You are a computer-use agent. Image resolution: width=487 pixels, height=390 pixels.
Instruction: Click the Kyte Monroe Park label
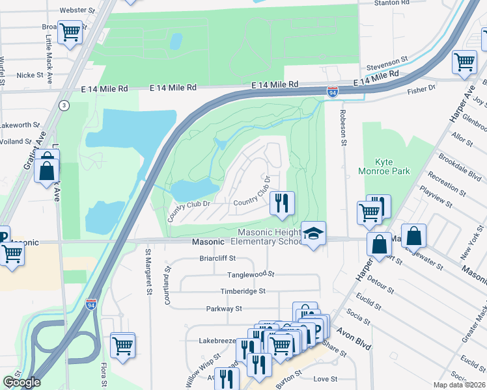(x=384, y=166)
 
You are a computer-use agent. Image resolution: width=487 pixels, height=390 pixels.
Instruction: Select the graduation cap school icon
(x=313, y=234)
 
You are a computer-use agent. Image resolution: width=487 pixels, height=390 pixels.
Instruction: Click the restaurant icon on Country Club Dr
(x=281, y=203)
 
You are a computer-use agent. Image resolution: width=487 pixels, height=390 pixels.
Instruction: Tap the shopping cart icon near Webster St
(x=70, y=32)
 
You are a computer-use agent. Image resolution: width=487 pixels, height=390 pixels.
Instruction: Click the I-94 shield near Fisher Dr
(x=333, y=92)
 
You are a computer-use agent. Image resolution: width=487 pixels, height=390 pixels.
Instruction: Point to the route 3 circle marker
(x=64, y=105)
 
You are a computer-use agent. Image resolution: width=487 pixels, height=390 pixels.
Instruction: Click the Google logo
(x=22, y=382)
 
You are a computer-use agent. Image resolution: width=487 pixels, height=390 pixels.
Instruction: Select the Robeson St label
(x=341, y=127)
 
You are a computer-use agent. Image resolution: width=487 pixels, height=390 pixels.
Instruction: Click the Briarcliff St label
(x=219, y=258)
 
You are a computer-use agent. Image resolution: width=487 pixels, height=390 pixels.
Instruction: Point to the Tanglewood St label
(x=250, y=274)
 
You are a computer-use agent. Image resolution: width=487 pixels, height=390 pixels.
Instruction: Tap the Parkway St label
(x=224, y=309)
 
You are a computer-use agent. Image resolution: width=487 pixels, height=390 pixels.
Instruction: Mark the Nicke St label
(x=29, y=75)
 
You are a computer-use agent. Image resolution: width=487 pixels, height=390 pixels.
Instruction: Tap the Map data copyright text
(x=460, y=385)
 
